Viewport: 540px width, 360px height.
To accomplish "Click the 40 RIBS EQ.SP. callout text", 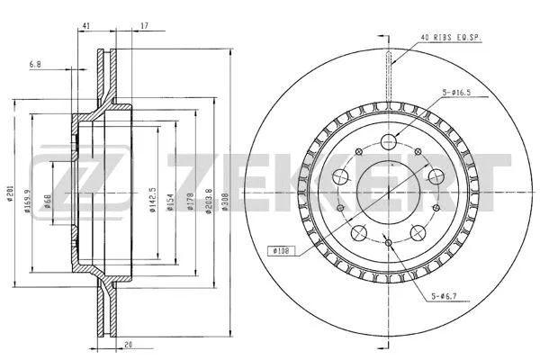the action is click(450, 38).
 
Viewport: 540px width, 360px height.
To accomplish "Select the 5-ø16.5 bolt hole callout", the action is click(456, 93).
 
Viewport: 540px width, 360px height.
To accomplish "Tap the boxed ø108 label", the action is click(281, 251).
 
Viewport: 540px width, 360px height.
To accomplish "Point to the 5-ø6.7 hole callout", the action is click(446, 295).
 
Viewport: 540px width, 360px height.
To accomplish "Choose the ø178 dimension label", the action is click(190, 201).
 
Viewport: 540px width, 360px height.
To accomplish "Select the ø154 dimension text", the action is click(170, 202).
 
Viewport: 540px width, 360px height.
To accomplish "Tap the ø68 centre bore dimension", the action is click(48, 202).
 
